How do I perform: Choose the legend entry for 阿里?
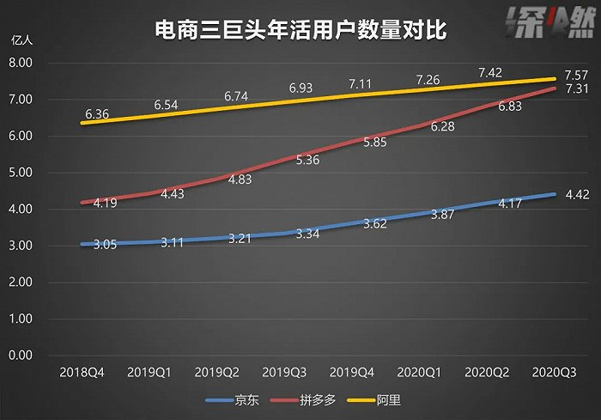pyautogui.click(x=389, y=400)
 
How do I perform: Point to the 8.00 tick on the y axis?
pyautogui.click(x=21, y=63)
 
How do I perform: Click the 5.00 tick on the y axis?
pyautogui.click(x=21, y=173)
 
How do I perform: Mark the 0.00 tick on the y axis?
pyautogui.click(x=21, y=356)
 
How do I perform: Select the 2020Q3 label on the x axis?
pyautogui.click(x=554, y=374)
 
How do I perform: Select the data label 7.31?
pyautogui.click(x=574, y=89)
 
